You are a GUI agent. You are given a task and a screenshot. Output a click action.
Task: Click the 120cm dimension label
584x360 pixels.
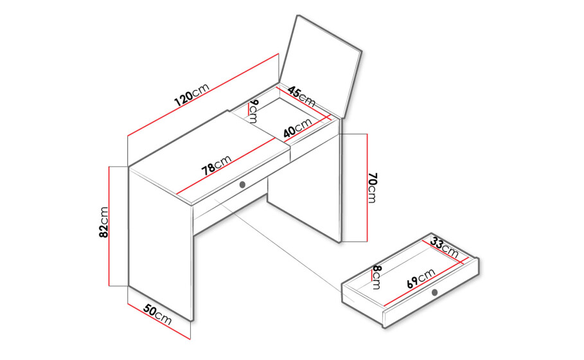(192, 94)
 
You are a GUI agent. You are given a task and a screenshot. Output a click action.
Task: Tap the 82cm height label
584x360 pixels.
(103, 222)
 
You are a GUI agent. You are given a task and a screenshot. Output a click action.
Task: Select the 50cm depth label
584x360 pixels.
(158, 315)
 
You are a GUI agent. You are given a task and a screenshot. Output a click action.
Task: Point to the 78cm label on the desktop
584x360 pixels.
(217, 165)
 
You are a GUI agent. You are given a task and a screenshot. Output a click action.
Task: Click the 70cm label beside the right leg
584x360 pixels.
(372, 188)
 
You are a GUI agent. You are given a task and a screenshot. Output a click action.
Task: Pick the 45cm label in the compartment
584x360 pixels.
(302, 96)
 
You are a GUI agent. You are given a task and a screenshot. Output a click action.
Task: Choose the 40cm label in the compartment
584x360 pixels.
(297, 128)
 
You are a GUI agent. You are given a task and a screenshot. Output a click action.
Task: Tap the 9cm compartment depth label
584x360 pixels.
(253, 111)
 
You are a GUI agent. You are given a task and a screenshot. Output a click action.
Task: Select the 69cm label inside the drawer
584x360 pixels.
(421, 278)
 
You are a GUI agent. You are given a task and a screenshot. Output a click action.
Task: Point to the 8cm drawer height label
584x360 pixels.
(376, 277)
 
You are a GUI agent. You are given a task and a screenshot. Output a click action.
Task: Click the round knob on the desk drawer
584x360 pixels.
(242, 184)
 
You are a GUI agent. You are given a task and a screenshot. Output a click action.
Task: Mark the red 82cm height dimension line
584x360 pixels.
(109, 226)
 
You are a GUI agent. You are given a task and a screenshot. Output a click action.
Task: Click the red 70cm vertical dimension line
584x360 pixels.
(367, 188)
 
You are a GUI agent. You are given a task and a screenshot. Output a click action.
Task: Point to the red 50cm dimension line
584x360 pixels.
(159, 321)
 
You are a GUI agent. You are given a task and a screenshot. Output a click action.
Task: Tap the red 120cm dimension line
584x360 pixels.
(203, 94)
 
